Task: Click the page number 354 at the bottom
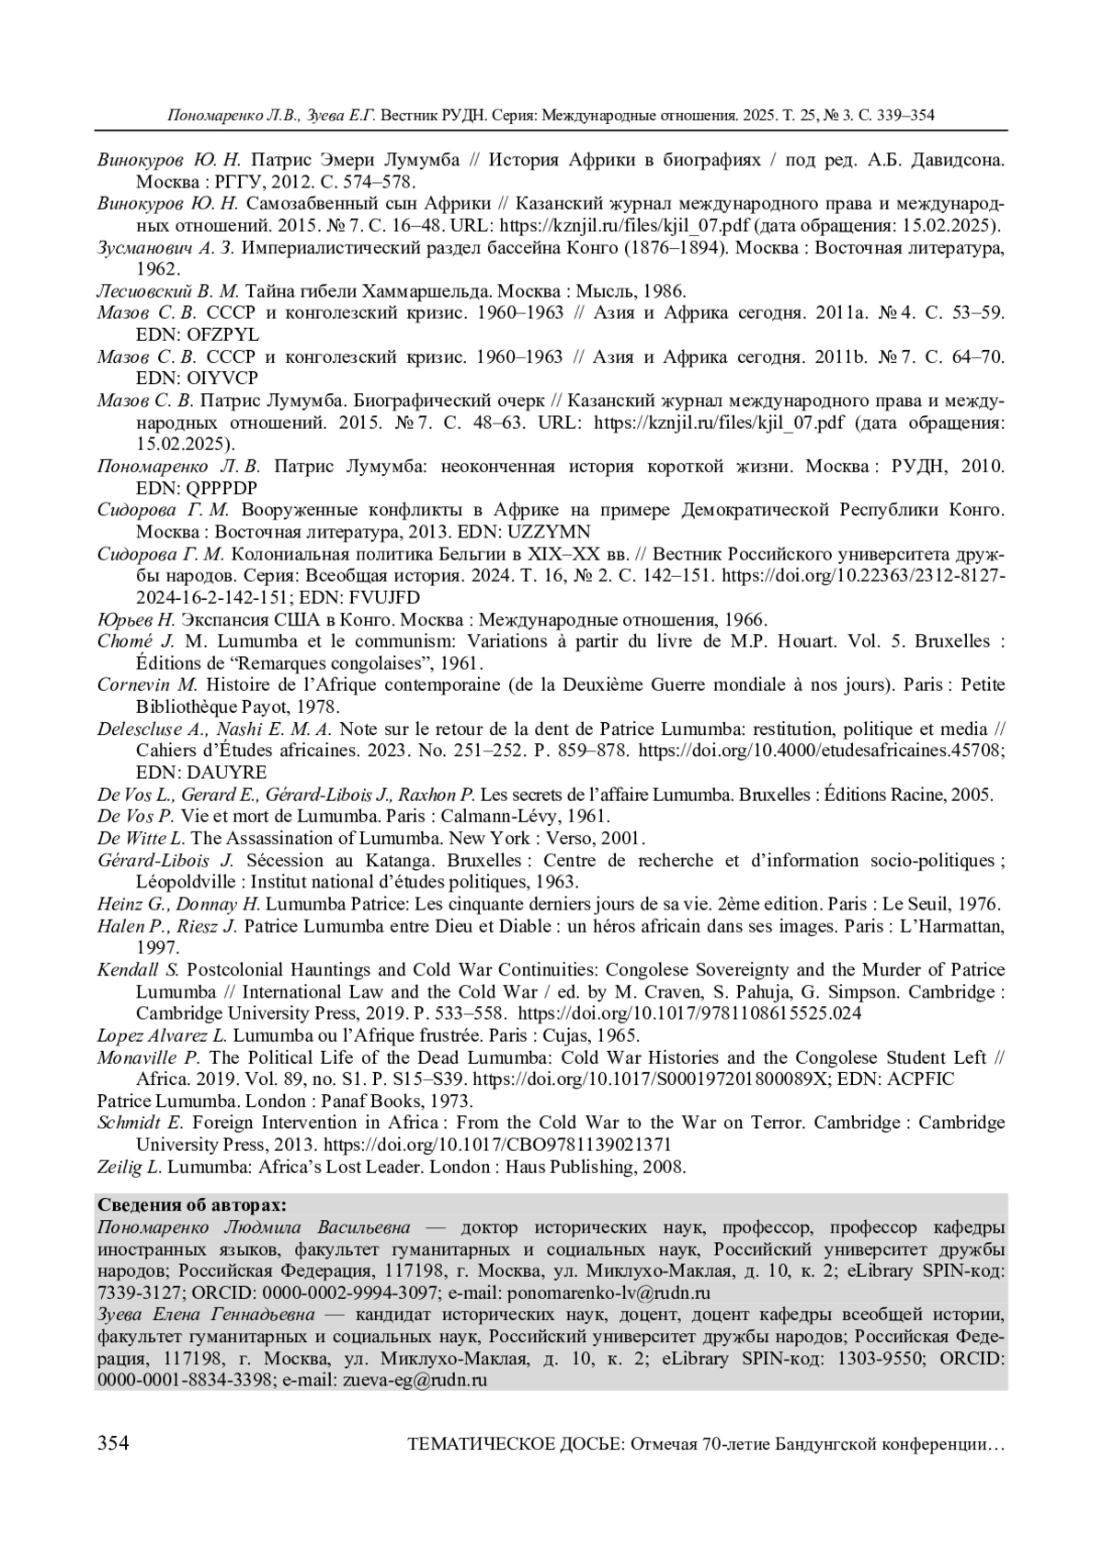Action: [112, 1443]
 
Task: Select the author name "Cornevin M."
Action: [147, 684]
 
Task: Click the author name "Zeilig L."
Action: [130, 1167]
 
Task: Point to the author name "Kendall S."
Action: [139, 970]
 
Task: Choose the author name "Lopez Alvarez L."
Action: [162, 1035]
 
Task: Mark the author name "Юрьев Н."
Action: [136, 619]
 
